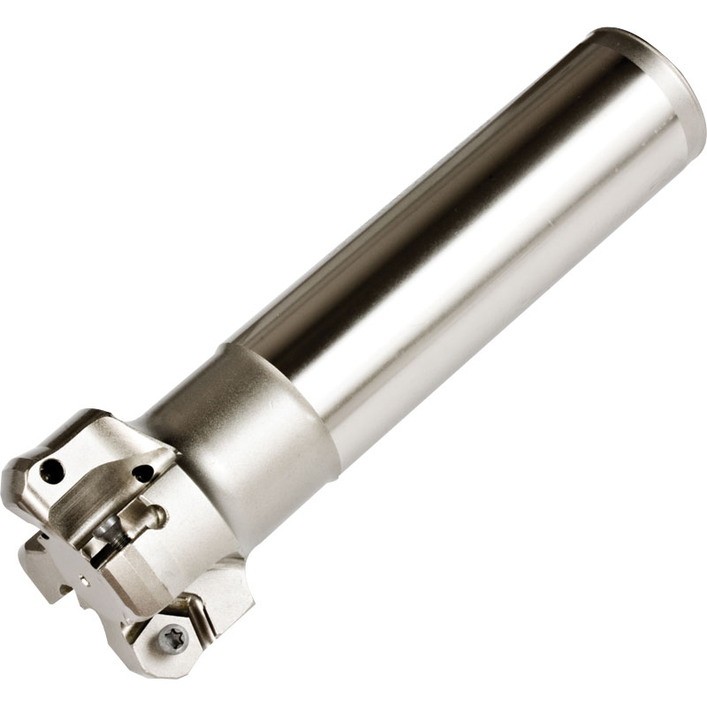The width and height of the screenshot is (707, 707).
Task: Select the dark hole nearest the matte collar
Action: click(141, 475)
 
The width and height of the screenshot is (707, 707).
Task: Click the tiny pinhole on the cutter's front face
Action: click(85, 581)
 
